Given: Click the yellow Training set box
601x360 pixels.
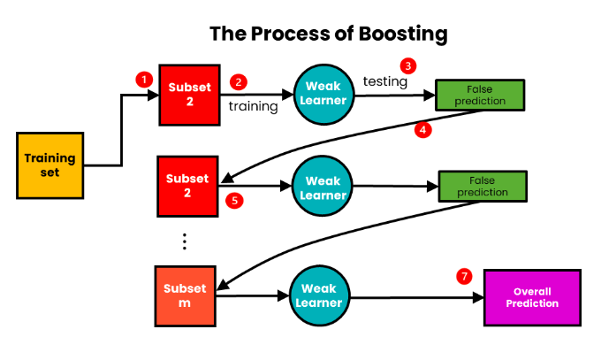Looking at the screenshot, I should (50, 165).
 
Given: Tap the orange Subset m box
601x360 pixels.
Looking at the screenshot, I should (185, 295).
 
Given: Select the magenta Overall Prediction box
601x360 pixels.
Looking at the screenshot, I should (532, 296).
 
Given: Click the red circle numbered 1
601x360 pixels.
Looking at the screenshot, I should (142, 80).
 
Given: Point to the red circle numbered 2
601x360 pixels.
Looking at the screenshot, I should (238, 81).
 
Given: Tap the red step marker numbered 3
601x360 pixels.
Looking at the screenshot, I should (407, 65).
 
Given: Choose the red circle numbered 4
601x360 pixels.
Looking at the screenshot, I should (423, 130).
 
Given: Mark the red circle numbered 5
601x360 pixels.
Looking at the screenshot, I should (234, 201).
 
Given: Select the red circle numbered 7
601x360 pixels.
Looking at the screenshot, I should (464, 276).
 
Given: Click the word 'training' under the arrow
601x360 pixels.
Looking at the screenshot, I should (254, 106).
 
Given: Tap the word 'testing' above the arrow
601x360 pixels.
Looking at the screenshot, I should (385, 81).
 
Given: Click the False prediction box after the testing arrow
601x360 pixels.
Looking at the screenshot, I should (480, 94).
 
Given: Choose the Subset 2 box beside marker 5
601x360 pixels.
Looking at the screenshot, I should (186, 186).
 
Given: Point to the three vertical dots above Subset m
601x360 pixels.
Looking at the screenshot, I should (185, 241).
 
